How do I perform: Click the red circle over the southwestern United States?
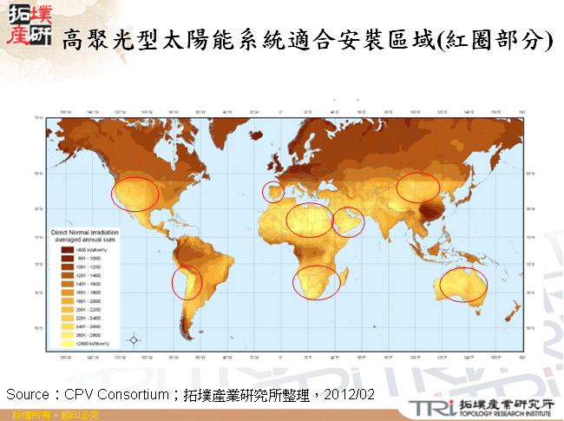(135, 194)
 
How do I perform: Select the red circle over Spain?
(272, 192)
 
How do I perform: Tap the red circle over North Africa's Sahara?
(310, 220)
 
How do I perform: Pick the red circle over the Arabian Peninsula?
(349, 221)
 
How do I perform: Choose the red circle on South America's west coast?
(186, 282)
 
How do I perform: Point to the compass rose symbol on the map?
(133, 339)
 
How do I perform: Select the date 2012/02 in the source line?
(350, 394)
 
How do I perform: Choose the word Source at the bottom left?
(25, 394)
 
